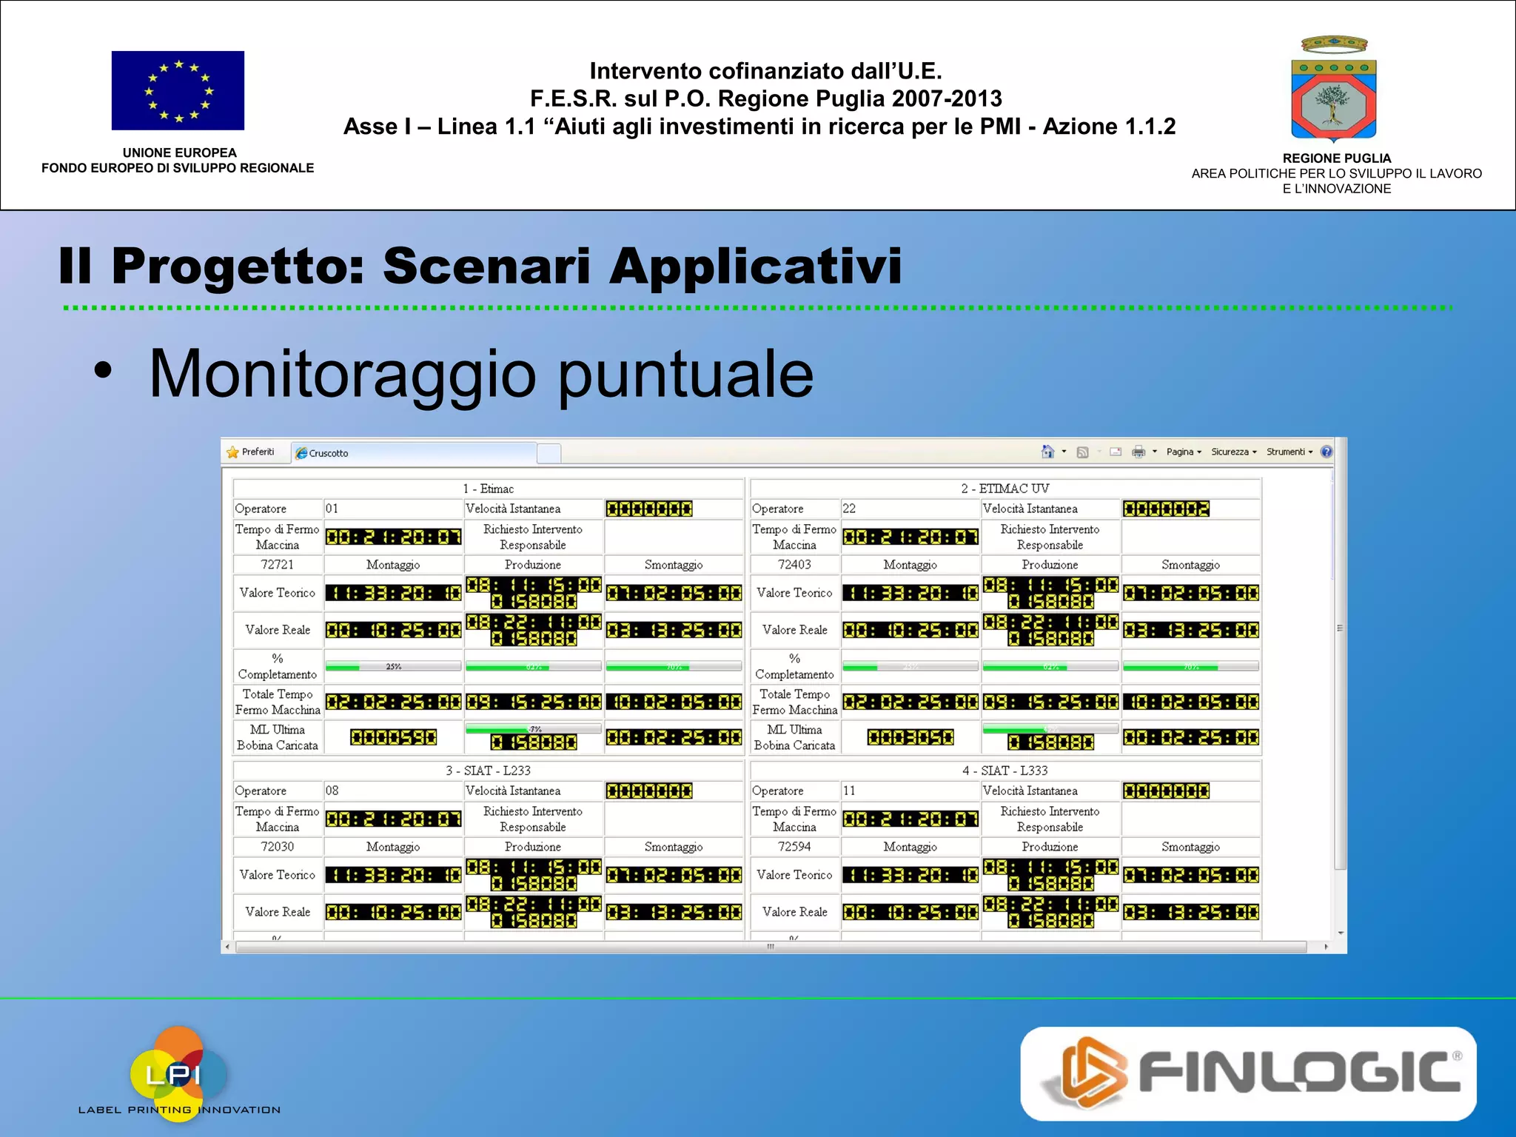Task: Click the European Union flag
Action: pos(178,90)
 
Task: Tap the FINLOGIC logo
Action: pos(1248,1073)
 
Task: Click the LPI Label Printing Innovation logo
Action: pos(178,1074)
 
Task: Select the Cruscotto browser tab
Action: pos(329,453)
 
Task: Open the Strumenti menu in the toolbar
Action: pos(1289,452)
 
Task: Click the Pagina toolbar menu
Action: pos(1183,452)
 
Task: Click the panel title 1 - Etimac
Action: pos(488,489)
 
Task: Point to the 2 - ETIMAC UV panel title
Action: pos(1004,489)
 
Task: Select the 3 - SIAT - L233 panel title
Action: pos(488,771)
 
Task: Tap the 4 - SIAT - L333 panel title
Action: pos(1004,771)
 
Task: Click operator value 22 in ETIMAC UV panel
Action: pos(849,509)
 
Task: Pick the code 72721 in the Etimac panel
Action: pos(277,564)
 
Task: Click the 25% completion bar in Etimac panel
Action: pos(393,666)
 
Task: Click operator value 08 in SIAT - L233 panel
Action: pos(332,791)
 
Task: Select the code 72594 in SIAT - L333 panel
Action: pos(794,846)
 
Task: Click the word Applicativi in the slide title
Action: pos(755,266)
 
